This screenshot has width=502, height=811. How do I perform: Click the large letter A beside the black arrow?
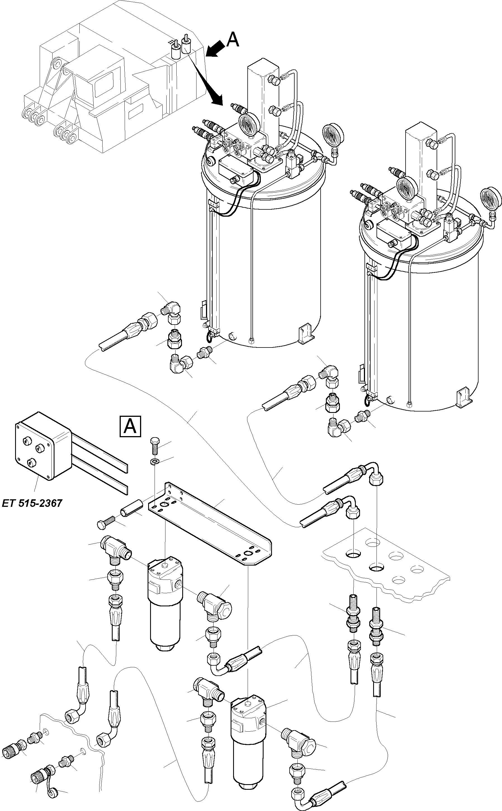[x=233, y=40]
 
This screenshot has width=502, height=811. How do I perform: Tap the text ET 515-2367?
[x=32, y=503]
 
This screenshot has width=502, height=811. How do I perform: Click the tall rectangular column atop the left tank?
[x=263, y=96]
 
